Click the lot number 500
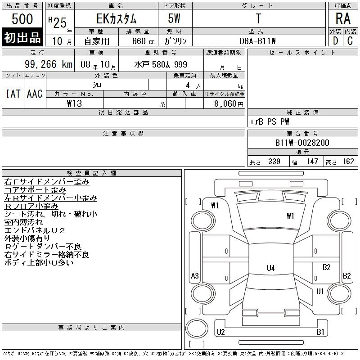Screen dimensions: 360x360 22,18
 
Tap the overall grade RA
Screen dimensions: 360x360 343,18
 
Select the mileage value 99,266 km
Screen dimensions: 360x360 49,64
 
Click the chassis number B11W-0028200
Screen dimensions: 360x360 302,143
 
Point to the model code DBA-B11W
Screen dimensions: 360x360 257,41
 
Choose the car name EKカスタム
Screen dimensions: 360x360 117,18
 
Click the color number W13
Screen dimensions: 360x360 74,103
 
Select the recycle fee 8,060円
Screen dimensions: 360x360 229,104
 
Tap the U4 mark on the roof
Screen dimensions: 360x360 271,268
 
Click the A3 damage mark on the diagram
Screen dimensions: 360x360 195,275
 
